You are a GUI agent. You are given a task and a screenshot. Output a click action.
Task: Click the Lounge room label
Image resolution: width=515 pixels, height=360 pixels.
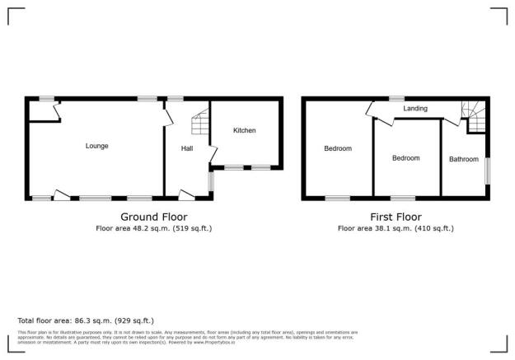tap(96, 146)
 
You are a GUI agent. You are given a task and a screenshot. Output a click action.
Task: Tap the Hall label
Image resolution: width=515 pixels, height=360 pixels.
tap(187, 148)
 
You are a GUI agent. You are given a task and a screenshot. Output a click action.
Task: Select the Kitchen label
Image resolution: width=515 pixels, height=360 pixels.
tap(244, 130)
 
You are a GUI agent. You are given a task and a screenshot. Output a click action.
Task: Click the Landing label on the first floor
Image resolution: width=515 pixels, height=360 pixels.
tap(414, 108)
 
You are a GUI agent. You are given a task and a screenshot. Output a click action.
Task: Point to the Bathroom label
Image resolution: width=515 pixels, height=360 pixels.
tap(463, 159)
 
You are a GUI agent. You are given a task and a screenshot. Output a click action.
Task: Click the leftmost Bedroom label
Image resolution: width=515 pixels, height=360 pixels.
tap(338, 148)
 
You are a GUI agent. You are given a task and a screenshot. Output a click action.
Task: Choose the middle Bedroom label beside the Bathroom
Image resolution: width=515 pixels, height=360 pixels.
tap(405, 158)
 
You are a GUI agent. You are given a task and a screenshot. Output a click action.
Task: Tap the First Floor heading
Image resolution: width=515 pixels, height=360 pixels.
tap(396, 217)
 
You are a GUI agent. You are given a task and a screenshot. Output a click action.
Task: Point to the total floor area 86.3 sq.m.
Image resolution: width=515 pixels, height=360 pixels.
tap(107, 320)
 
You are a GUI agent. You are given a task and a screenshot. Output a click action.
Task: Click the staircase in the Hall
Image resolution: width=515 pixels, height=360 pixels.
tap(199, 125)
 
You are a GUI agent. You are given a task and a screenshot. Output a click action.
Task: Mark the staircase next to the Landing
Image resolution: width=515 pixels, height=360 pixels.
tap(475, 115)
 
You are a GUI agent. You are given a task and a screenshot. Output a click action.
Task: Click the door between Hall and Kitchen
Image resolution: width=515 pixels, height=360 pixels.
tap(213, 155)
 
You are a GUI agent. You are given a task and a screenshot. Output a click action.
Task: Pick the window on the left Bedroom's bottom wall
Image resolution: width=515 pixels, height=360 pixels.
tap(337, 198)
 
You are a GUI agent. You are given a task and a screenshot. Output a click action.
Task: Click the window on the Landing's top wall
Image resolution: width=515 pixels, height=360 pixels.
tap(396, 99)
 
